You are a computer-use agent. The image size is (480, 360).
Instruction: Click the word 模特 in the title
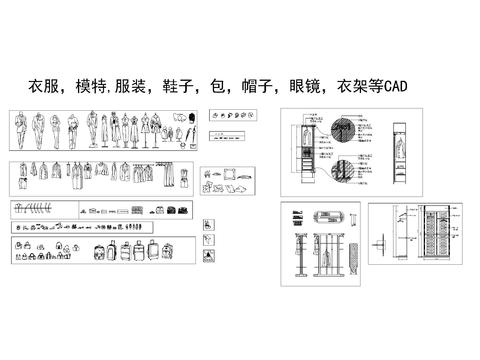(x=91, y=86)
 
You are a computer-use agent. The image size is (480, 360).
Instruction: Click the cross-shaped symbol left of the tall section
(x=381, y=244)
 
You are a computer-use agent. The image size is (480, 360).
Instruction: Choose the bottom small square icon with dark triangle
(x=207, y=258)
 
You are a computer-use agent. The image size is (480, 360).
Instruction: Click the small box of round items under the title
(x=229, y=116)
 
